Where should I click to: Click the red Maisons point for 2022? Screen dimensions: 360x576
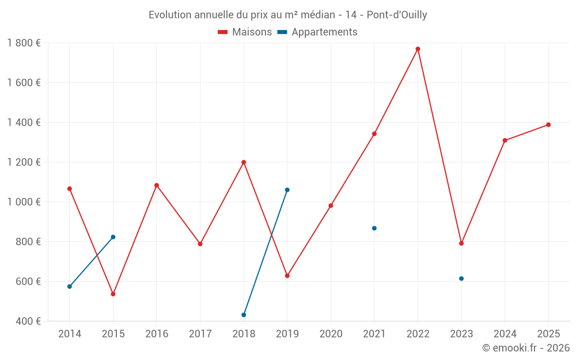coord(418,49)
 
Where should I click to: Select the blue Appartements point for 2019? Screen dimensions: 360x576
coord(287,190)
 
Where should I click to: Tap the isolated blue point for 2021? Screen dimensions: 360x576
coord(374,229)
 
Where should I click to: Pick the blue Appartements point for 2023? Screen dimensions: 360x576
coord(461,279)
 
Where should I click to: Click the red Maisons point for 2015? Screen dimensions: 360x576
coord(113,294)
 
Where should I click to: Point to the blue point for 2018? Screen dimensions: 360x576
coord(244,315)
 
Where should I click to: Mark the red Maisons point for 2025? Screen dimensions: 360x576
coord(548,125)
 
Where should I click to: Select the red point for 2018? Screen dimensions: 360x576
coord(244,162)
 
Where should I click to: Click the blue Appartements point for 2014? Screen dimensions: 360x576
coord(70,286)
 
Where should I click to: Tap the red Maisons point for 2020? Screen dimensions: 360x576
coord(331,206)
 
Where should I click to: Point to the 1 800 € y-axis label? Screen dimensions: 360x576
coord(24,43)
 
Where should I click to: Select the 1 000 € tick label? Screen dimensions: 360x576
coord(24,202)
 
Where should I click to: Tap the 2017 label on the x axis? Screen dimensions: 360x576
coord(200,334)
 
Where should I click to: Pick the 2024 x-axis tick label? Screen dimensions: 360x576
coord(505,334)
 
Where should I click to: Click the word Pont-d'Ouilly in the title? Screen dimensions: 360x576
coord(397,15)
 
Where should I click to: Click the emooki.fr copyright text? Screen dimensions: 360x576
coord(526,348)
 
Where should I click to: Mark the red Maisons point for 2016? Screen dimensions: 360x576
coord(157,185)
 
